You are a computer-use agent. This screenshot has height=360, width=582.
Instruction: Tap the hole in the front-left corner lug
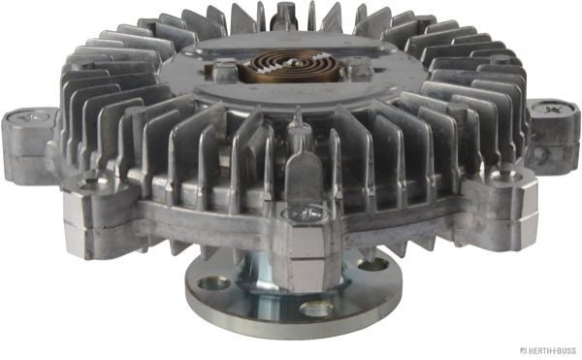(x=92, y=181)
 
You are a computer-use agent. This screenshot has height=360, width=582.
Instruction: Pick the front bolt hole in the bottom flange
(x=315, y=310)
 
